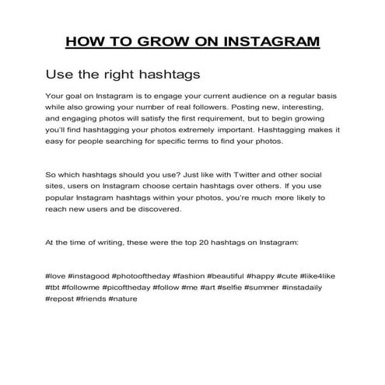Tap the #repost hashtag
(59, 299)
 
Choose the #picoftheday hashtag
(129, 287)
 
